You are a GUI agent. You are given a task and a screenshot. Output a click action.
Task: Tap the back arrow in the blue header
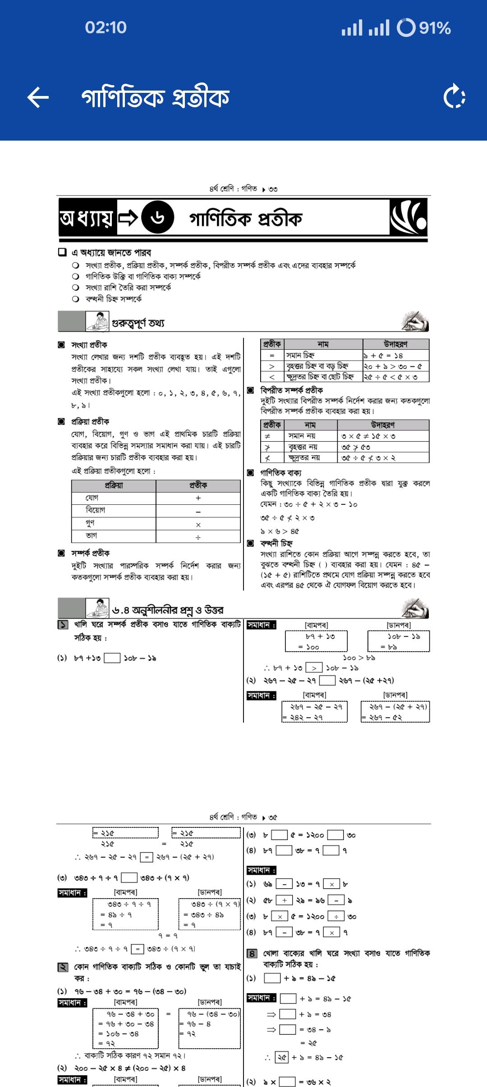pos(38,97)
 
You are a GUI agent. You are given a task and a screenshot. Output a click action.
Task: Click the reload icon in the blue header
pos(454,97)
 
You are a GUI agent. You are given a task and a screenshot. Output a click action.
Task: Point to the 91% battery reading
pos(435,28)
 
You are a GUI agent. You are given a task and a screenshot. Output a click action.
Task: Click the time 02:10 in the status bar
pos(106,27)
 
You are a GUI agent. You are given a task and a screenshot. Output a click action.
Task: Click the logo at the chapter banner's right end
pos(408,218)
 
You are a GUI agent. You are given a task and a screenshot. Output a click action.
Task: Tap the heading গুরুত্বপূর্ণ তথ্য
pos(138,323)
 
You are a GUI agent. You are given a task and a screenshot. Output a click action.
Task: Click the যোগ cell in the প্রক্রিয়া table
pos(114,498)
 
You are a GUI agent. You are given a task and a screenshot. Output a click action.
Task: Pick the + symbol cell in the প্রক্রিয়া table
pos(198,498)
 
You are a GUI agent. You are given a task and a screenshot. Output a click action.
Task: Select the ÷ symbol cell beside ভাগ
pos(198,537)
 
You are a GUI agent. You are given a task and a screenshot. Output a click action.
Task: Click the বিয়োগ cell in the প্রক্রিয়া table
pos(114,511)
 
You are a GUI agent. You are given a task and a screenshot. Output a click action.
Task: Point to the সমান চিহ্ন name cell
pos(323,355)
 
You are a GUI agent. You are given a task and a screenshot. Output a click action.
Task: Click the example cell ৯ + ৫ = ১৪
pos(395,355)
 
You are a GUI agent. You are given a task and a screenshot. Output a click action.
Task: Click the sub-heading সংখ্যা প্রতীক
pos(89,345)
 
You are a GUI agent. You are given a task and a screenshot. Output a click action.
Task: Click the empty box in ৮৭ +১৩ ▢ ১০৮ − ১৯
pos(112,658)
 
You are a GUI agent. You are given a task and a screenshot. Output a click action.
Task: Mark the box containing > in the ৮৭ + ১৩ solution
pos(314,668)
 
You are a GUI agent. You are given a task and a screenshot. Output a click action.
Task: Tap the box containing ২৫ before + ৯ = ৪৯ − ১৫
pos(282,1057)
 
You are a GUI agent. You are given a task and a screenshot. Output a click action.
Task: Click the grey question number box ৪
pos(253,954)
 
